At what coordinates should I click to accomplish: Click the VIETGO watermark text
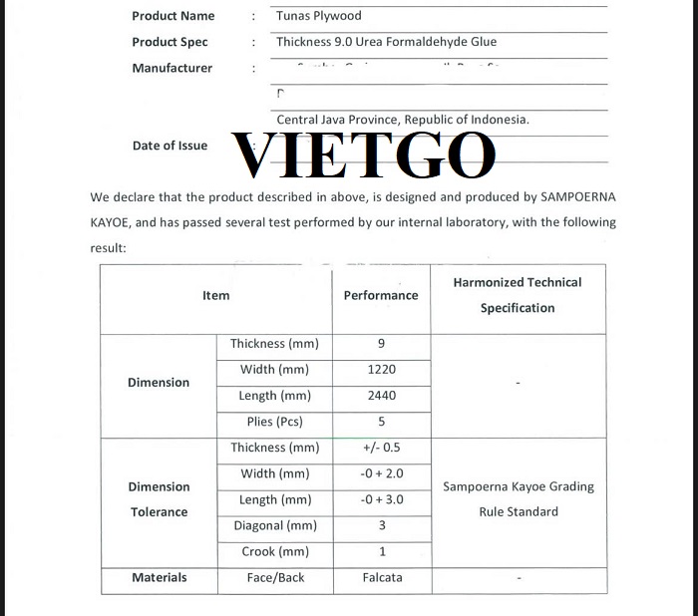[364, 154]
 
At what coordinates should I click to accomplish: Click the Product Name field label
[173, 16]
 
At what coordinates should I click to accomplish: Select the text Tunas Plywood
[319, 16]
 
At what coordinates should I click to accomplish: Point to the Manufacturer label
[172, 68]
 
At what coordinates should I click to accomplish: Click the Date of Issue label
[170, 146]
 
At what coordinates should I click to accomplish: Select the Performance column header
[381, 295]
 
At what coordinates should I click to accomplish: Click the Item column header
[215, 295]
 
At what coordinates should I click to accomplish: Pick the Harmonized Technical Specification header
[517, 295]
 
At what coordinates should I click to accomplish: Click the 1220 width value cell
[381, 370]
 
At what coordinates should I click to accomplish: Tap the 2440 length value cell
[381, 396]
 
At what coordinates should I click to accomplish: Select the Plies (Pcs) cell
[274, 422]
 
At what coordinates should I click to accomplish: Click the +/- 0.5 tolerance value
[381, 448]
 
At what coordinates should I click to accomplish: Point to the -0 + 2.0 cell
[381, 473]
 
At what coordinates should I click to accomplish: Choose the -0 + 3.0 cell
[381, 499]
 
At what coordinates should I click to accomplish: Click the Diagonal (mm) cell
[274, 525]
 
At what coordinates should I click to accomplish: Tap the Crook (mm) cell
[274, 551]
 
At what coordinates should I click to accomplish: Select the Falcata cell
[381, 577]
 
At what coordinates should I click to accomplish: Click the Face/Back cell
[275, 577]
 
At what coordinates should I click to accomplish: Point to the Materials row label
[159, 577]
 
